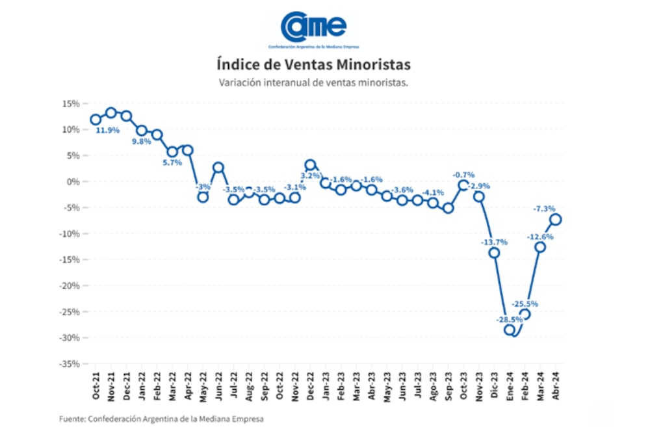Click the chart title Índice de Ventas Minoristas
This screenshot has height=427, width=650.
point(313,65)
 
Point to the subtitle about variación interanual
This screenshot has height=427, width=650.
point(313,83)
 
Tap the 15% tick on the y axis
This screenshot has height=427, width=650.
point(71,103)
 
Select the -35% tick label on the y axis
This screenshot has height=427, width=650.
point(70,363)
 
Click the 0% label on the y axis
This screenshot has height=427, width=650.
point(73,181)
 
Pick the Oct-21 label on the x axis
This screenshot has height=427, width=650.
point(96,385)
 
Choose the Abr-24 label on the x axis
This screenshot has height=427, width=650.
point(556,385)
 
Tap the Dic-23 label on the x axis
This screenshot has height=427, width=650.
point(495,385)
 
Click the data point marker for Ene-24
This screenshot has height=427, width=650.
point(510,330)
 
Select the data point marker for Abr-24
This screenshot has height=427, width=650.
point(556,219)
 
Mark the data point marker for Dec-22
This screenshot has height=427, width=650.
point(310,165)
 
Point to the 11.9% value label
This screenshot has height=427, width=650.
point(107,130)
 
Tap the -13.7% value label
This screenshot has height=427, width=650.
point(493,242)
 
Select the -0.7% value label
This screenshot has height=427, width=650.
point(464,174)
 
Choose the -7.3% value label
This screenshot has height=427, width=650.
point(544,209)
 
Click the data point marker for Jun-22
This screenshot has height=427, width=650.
point(218,168)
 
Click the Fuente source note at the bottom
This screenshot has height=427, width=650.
point(161,418)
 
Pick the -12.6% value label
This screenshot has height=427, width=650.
point(539,236)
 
